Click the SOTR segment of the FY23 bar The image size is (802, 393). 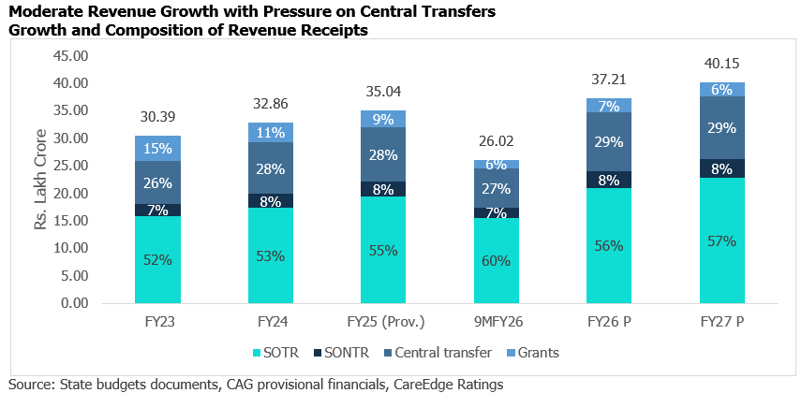(x=157, y=260)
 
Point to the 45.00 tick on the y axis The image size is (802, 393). (x=96, y=56)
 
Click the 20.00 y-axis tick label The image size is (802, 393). (x=96, y=194)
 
